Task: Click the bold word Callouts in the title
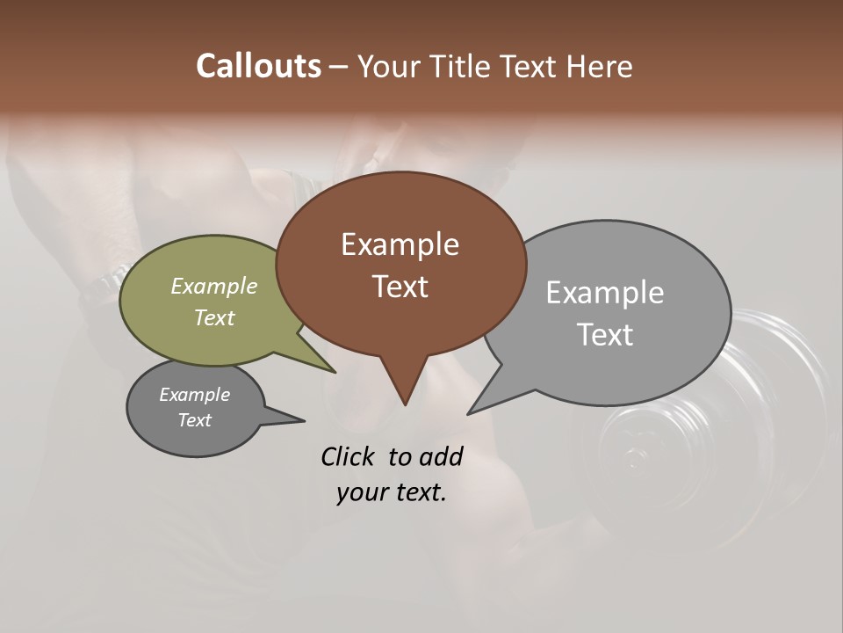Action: click(x=258, y=66)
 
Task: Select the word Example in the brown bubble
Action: click(x=400, y=244)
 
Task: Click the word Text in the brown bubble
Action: click(x=400, y=287)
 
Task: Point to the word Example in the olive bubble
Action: click(x=214, y=286)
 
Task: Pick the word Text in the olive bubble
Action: click(x=214, y=317)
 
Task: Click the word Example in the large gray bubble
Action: click(x=605, y=293)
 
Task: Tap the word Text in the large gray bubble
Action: click(x=605, y=335)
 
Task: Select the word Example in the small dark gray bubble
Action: click(x=194, y=395)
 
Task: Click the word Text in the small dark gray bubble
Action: click(x=194, y=420)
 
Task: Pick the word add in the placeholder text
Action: click(x=441, y=456)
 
